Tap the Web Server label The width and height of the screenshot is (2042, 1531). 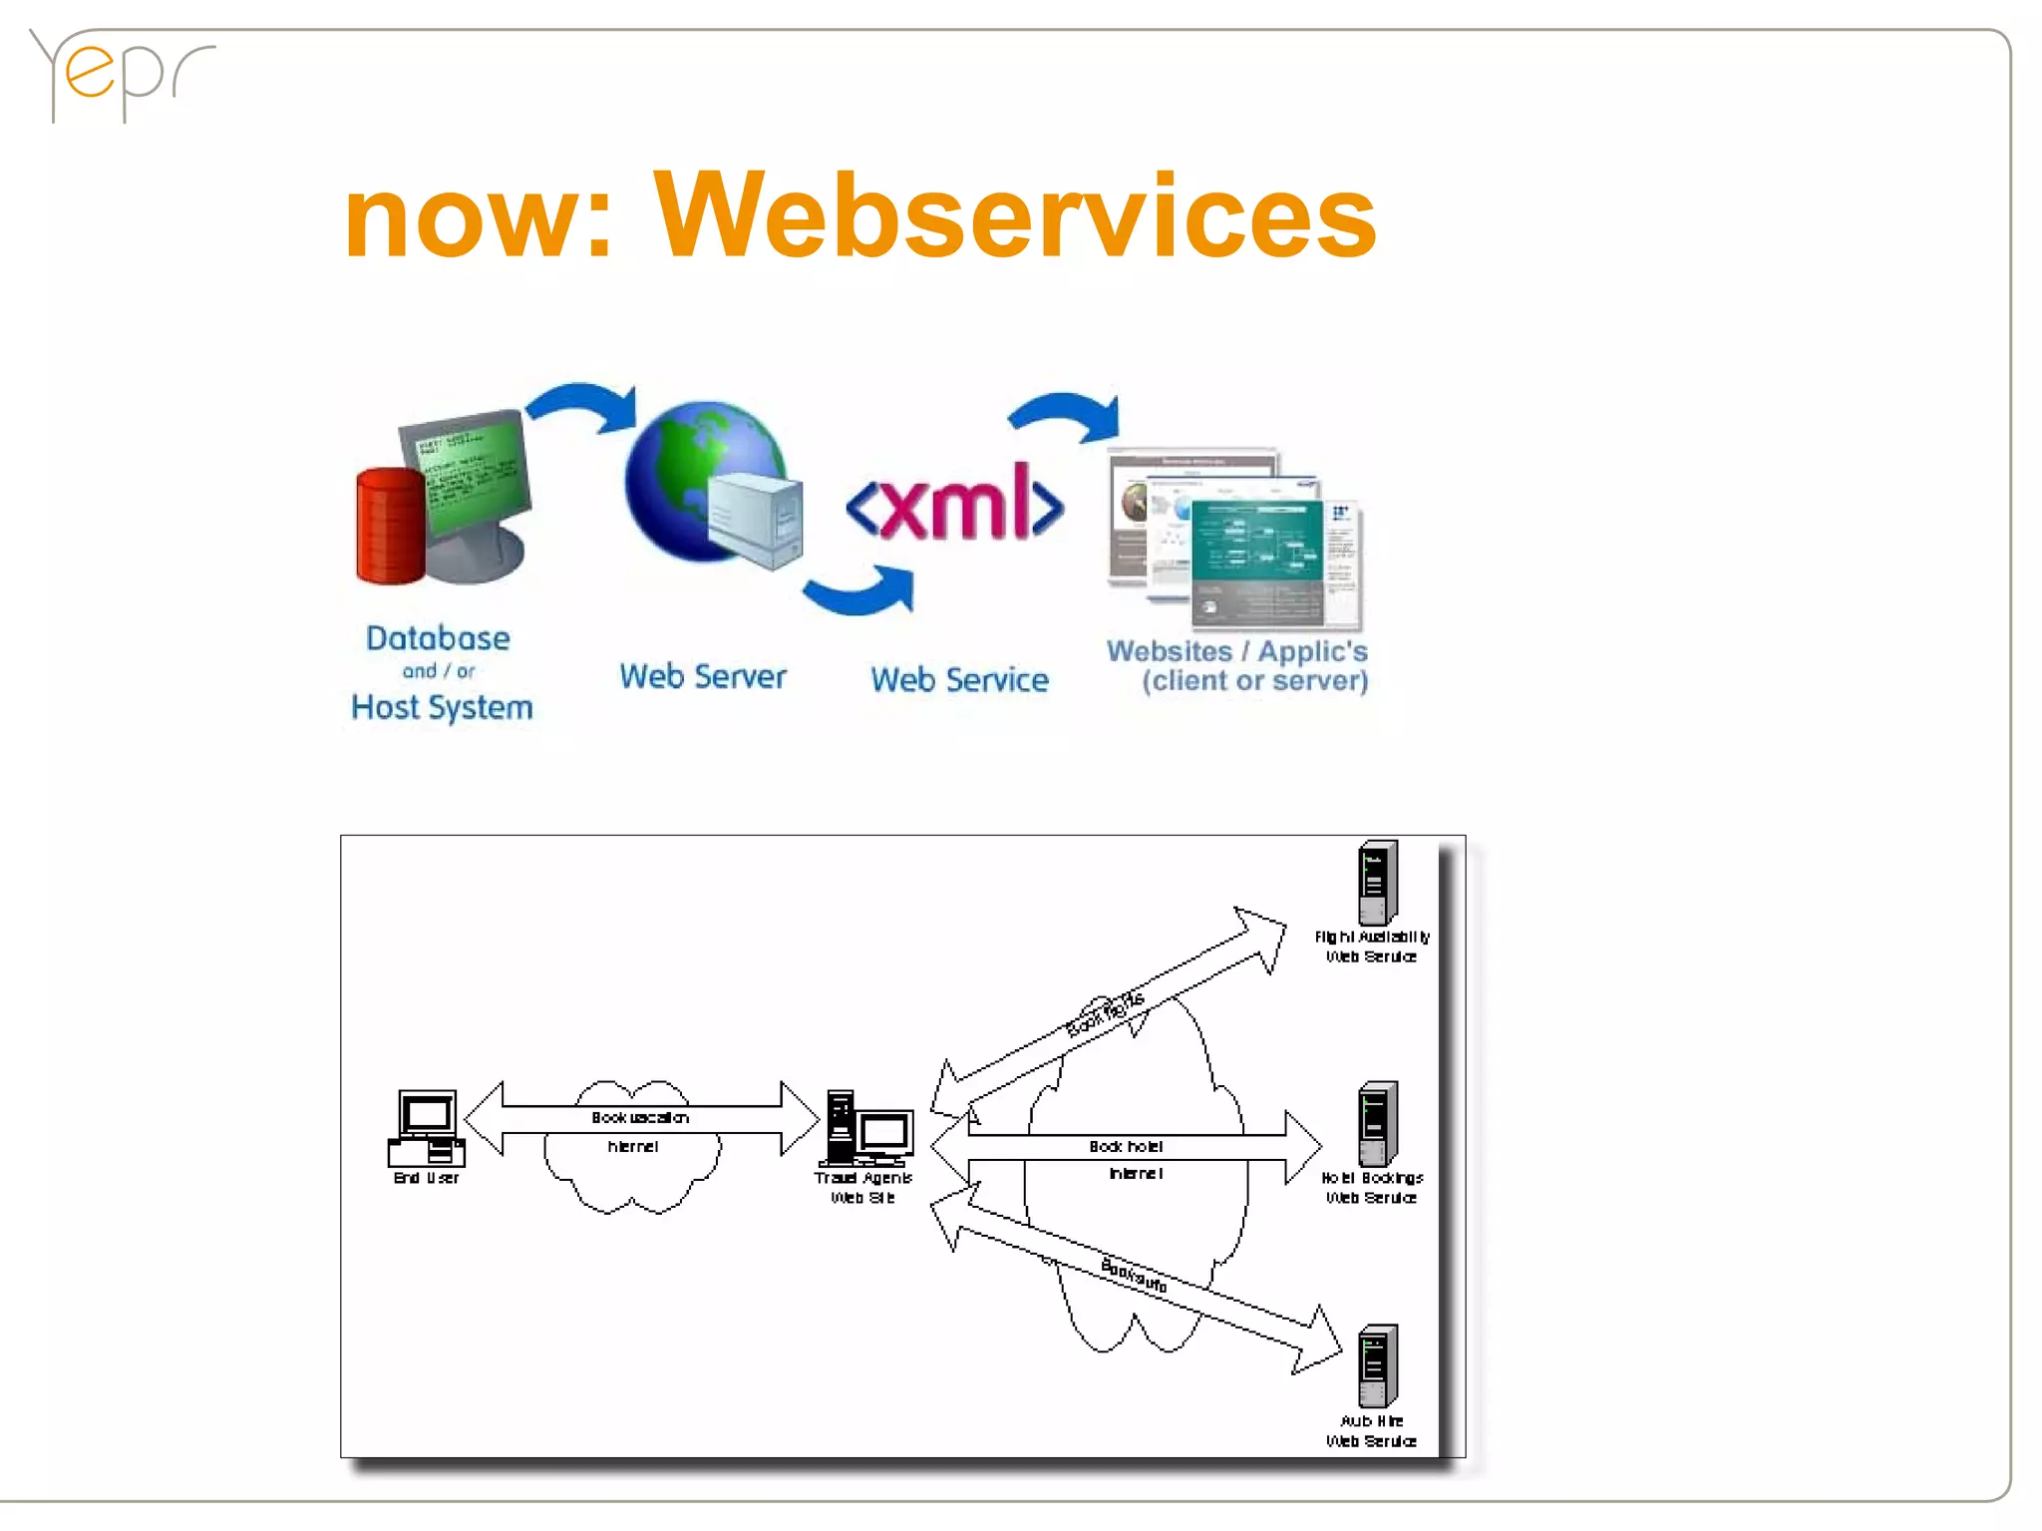702,676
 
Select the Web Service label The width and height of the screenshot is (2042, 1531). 959,680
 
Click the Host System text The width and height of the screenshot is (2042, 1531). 442,707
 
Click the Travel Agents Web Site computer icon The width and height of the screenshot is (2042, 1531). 864,1129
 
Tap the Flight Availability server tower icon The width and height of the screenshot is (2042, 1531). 1377,883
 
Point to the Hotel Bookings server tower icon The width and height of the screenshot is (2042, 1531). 1377,1123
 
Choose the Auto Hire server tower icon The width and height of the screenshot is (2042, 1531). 1377,1365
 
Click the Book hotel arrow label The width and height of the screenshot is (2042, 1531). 1126,1147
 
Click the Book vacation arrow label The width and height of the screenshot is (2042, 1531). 639,1118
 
